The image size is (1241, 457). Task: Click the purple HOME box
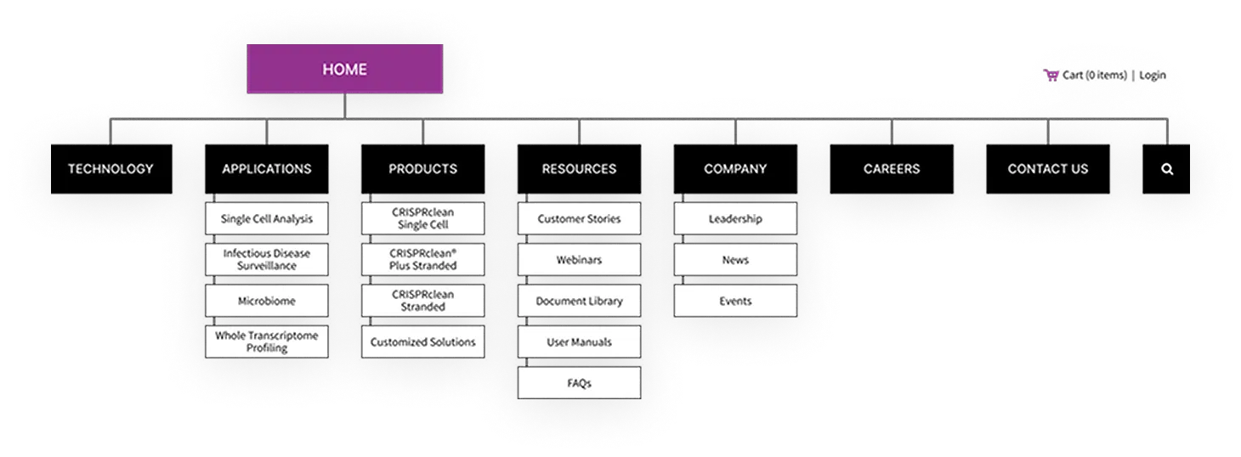[x=344, y=69]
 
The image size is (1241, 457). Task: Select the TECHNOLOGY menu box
[x=111, y=169]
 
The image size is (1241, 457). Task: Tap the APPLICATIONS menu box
[x=267, y=169]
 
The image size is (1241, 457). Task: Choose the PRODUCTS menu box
[x=422, y=169]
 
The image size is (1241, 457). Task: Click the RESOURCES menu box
[x=579, y=169]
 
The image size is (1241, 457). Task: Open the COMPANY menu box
[x=735, y=169]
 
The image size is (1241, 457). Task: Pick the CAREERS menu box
[x=892, y=169]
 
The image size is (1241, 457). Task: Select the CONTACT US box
[x=1047, y=169]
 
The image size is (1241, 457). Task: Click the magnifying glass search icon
[x=1167, y=169]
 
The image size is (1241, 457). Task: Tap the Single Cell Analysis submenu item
[x=267, y=218]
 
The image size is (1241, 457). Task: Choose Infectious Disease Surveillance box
[x=267, y=259]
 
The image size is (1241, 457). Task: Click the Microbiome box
[x=267, y=301]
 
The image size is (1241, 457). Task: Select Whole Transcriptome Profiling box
[x=267, y=341]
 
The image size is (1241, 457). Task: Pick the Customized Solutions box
[x=422, y=341]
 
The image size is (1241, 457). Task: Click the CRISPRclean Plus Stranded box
[x=422, y=259]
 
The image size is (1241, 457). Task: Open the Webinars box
[x=579, y=259]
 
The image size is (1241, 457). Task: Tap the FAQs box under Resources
[x=579, y=383]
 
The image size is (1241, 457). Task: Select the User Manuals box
[x=579, y=341]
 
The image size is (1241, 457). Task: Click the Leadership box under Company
[x=735, y=218]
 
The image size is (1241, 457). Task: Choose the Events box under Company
[x=735, y=301]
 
